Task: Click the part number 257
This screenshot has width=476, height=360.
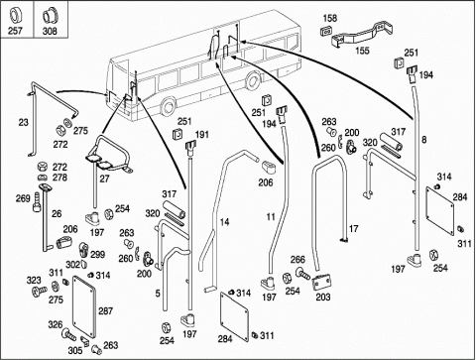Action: tap(15, 31)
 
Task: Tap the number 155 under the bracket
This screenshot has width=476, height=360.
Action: tap(362, 51)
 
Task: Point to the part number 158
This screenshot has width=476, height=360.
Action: tap(329, 18)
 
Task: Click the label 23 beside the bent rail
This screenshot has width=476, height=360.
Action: tap(23, 123)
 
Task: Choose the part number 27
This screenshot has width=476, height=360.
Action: tap(104, 179)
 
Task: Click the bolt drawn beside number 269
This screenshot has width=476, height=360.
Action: tap(37, 203)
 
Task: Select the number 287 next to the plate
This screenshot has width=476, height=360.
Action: tap(105, 311)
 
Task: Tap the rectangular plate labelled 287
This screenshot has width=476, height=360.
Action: tap(84, 306)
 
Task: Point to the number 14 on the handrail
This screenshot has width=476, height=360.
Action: tap(224, 222)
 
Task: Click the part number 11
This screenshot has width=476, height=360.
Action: tap(271, 217)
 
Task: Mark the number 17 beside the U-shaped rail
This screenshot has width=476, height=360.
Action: tap(353, 229)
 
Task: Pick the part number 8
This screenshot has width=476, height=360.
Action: tap(424, 140)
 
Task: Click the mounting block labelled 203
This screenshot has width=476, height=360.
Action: tap(321, 283)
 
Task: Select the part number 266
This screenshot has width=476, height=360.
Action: tap(297, 260)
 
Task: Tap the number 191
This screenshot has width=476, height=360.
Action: tap(202, 135)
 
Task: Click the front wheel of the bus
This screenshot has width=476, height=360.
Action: tap(168, 106)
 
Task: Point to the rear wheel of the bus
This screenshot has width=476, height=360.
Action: tap(253, 81)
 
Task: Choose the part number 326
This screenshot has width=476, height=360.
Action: tap(56, 324)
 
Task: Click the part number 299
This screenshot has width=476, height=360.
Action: tap(98, 254)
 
